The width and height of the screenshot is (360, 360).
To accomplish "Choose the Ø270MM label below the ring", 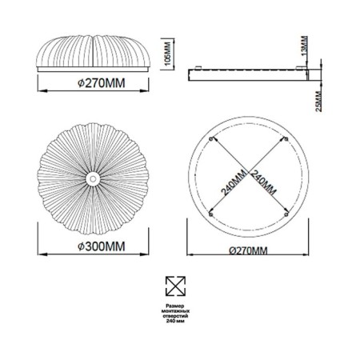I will tap(249, 250).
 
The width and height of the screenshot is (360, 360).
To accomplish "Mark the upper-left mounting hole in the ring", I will tap(210, 138).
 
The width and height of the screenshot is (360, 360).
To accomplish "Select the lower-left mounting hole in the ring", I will tap(210, 213).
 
